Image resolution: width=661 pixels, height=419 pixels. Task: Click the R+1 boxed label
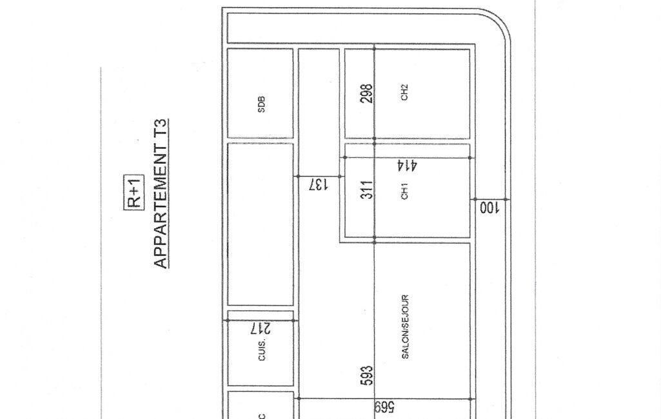(134, 192)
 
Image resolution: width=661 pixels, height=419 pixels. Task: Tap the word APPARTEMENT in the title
(161, 206)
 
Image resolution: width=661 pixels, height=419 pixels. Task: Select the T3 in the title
(161, 128)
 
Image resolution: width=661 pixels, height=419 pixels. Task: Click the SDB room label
(261, 104)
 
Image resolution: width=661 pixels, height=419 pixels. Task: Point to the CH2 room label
(404, 92)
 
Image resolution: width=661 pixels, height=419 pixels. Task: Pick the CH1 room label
(405, 191)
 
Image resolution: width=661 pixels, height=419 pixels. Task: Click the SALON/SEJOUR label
(405, 327)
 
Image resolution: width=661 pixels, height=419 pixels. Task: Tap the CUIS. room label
(262, 349)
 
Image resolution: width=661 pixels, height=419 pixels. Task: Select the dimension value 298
(367, 93)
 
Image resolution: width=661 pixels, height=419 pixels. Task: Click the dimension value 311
(367, 190)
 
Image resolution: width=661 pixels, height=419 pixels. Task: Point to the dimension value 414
(407, 165)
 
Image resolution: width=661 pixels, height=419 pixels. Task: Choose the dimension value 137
(319, 184)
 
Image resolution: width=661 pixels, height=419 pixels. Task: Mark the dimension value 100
(489, 208)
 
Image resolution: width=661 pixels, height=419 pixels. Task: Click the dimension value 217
(261, 328)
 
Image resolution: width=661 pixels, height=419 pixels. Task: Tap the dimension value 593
(367, 376)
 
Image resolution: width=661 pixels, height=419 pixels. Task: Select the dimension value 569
(384, 407)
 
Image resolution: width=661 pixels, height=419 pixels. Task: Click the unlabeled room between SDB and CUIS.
(260, 224)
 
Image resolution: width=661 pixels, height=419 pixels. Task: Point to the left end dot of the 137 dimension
(299, 176)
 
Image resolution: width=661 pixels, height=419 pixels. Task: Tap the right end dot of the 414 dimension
(470, 158)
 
